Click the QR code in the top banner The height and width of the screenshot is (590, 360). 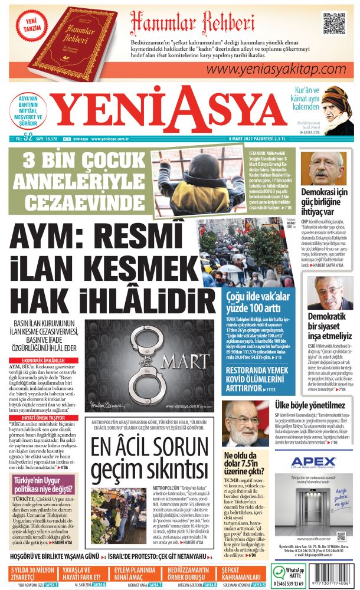(333, 24)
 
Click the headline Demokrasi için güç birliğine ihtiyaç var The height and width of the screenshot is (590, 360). (325, 202)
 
